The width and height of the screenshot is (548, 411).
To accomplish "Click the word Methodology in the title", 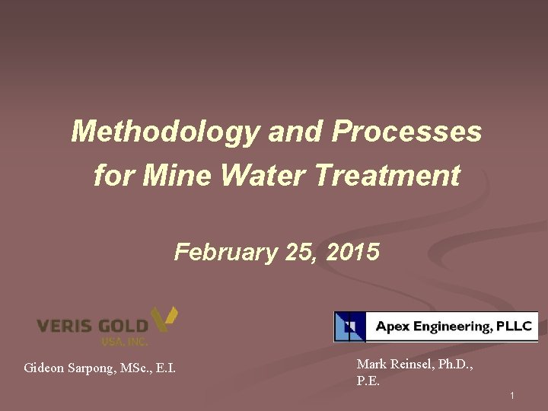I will (x=165, y=132).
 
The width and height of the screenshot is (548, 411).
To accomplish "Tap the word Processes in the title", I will (x=407, y=132).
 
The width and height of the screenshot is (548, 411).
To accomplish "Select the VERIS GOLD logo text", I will (x=92, y=326).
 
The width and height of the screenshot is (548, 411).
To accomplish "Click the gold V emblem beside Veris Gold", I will (x=164, y=318).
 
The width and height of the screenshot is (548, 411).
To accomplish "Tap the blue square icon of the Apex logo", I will (x=349, y=327).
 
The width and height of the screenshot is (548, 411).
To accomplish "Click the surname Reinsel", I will (x=409, y=365).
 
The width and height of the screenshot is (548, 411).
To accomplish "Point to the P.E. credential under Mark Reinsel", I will (x=368, y=381).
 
